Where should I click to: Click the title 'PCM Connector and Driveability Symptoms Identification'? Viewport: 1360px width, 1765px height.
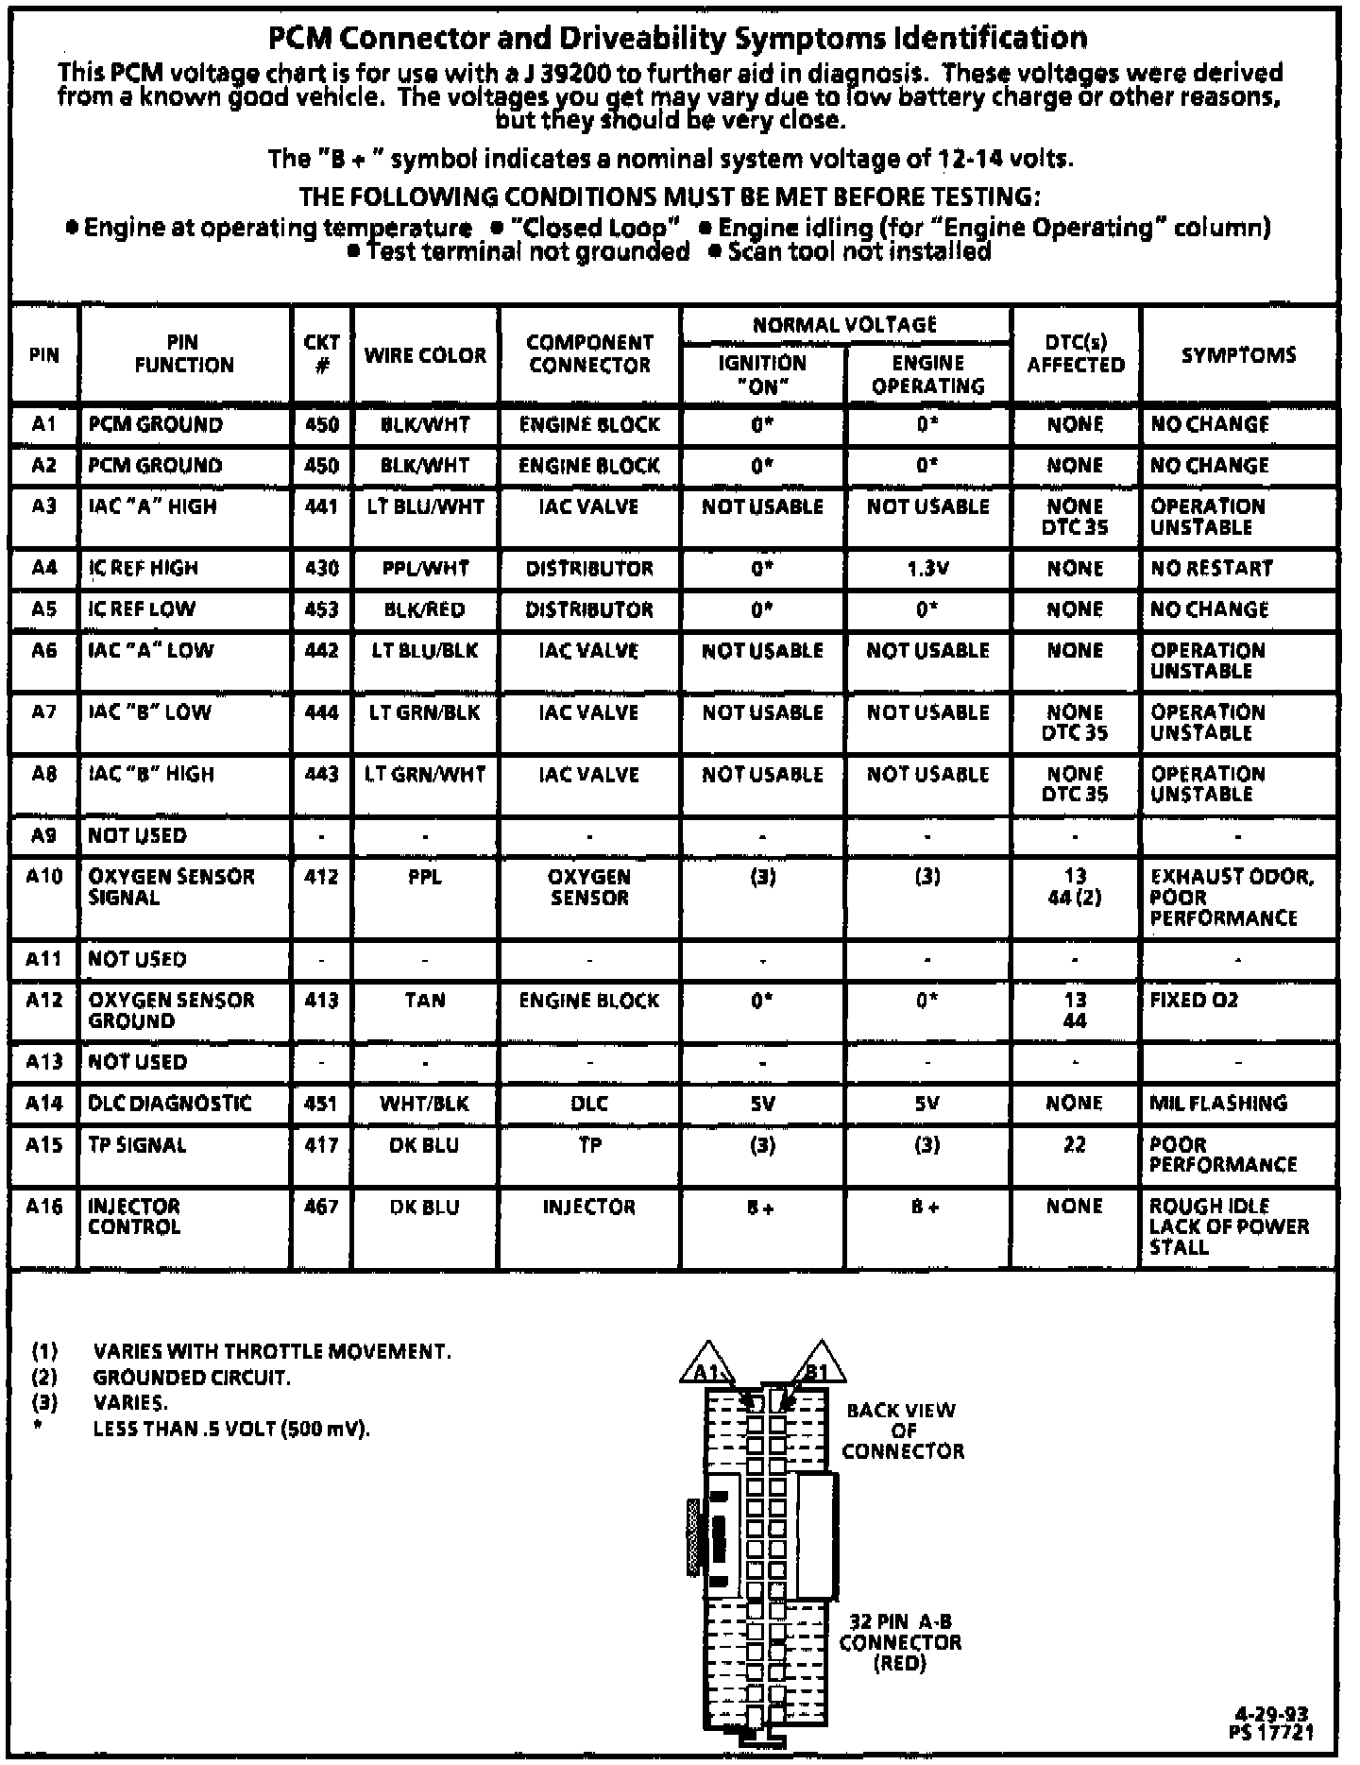(677, 38)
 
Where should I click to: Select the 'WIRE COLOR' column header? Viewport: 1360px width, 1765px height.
(425, 355)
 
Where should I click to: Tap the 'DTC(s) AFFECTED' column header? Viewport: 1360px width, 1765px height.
(1076, 353)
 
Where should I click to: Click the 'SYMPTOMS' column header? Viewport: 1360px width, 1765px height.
(1238, 355)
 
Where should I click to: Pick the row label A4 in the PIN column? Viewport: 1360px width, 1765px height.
(44, 568)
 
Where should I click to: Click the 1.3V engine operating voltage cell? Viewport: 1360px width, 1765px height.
(927, 569)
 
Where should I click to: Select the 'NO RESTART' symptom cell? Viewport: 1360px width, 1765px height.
(1212, 569)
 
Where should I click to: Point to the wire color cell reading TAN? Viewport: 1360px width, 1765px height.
(425, 1001)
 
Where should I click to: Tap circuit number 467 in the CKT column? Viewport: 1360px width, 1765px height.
(321, 1207)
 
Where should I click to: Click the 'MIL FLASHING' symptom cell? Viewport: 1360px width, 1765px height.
(1218, 1104)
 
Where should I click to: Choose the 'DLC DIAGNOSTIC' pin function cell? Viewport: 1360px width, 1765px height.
(170, 1104)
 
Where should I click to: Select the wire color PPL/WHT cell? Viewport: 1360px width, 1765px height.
(425, 569)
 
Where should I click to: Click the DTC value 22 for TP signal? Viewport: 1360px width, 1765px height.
(1075, 1145)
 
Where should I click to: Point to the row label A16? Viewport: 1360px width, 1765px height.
(44, 1207)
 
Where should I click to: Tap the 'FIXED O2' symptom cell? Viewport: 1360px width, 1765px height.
(1194, 1001)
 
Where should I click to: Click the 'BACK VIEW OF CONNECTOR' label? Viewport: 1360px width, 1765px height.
(902, 1431)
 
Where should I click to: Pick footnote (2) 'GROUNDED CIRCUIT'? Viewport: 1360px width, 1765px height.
(192, 1378)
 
